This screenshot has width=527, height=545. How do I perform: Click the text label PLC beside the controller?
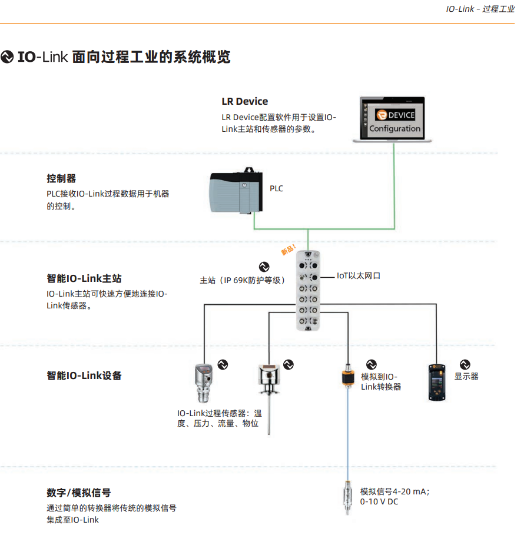[x=276, y=189]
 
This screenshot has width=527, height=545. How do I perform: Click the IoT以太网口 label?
[x=359, y=275]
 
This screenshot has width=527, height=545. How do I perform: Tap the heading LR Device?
[x=244, y=101]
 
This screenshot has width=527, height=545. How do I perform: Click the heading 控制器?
[x=61, y=178]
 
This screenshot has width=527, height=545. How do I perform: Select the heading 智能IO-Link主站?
[x=84, y=278]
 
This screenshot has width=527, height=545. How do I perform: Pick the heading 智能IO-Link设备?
[x=84, y=375]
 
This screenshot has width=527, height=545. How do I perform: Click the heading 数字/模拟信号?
[x=78, y=493]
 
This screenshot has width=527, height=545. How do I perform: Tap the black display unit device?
[x=437, y=382]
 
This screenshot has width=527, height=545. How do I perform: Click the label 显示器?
[x=466, y=376]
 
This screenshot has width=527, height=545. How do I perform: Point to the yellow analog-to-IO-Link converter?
[x=349, y=378]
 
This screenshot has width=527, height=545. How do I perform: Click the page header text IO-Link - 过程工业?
[x=480, y=9]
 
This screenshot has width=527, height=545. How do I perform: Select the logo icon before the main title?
[x=7, y=57]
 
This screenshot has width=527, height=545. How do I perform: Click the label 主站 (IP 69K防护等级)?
[x=243, y=280]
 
